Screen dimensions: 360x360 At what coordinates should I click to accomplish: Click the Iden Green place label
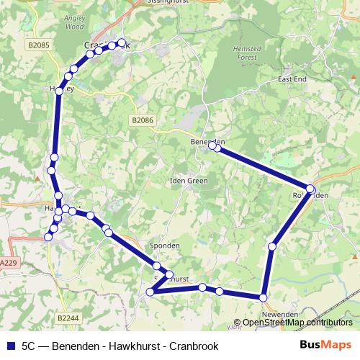click(x=189, y=181)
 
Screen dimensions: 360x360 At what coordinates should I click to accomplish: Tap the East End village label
click(x=292, y=78)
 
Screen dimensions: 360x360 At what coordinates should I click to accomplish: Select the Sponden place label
click(x=164, y=246)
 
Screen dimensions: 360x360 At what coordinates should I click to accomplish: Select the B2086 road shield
click(x=142, y=121)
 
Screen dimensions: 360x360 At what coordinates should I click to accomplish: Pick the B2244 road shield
click(x=68, y=317)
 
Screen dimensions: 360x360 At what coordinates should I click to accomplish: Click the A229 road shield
click(x=7, y=264)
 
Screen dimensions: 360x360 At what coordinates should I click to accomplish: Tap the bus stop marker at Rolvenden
click(x=310, y=189)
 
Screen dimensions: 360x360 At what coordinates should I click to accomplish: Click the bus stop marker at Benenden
click(x=213, y=146)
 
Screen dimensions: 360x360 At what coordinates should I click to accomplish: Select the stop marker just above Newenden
click(x=264, y=297)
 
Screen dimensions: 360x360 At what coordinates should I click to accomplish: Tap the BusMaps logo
click(x=325, y=346)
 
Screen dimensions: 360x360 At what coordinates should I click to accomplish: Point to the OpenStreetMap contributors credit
click(x=297, y=323)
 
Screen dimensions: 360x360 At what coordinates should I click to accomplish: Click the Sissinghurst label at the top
click(x=148, y=2)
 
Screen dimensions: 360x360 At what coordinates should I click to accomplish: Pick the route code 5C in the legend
click(x=30, y=346)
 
